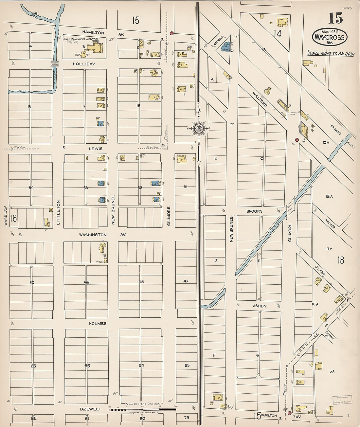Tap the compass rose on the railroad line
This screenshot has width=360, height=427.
(198, 128)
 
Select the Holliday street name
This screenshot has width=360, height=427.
(84, 64)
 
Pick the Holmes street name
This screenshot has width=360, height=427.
(98, 324)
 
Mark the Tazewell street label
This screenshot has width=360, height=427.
(90, 409)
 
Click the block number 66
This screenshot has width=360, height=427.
(33, 366)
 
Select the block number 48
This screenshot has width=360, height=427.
(141, 281)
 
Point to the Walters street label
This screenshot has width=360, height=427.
(260, 99)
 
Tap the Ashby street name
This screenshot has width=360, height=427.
(260, 306)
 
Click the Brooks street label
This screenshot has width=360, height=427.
(254, 211)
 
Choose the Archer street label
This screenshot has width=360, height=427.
(330, 223)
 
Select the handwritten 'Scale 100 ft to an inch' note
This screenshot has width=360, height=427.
(330, 53)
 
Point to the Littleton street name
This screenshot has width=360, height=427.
(59, 212)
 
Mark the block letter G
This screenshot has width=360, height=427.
(258, 355)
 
